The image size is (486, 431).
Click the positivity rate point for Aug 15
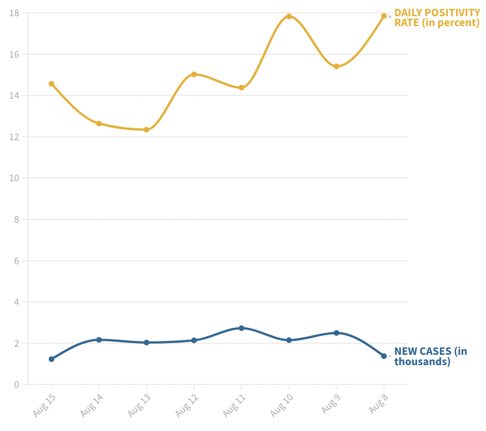(x=51, y=84)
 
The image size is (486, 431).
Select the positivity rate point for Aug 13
(x=146, y=130)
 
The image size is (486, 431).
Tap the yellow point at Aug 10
(x=289, y=16)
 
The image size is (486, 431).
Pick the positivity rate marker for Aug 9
(x=336, y=66)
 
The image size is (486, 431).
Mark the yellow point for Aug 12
(x=194, y=74)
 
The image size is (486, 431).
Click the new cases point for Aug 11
(x=241, y=328)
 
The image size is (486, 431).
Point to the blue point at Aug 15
(x=51, y=359)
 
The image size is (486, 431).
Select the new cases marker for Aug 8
(x=384, y=356)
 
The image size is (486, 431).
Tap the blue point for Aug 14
(x=99, y=339)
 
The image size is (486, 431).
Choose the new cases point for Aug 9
(x=336, y=333)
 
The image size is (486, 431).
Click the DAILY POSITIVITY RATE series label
(x=437, y=18)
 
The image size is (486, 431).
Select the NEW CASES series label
(x=430, y=356)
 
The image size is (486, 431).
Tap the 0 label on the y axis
(x=17, y=385)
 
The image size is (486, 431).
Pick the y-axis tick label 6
(x=17, y=261)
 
